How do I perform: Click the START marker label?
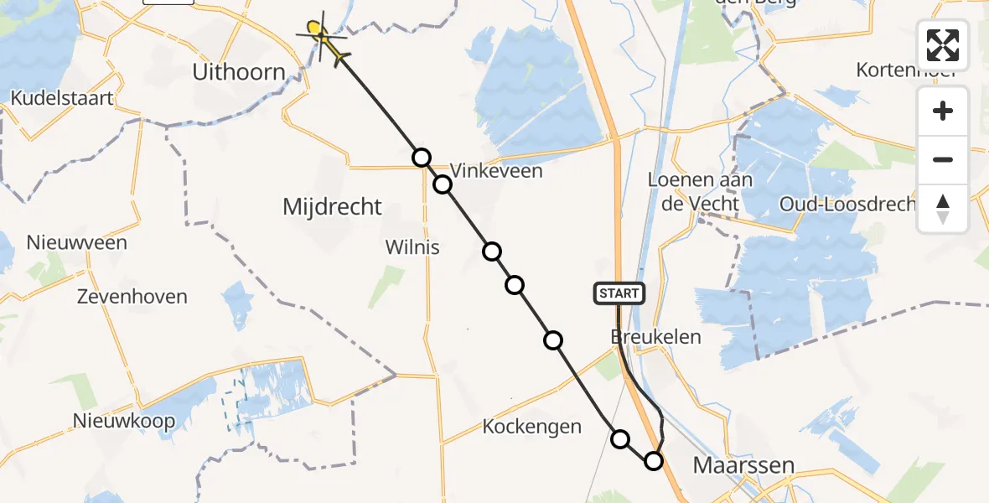pyautogui.click(x=619, y=293)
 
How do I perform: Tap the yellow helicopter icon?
pyautogui.click(x=320, y=38)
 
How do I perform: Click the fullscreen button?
pyautogui.click(x=943, y=44)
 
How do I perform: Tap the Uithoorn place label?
pyautogui.click(x=239, y=72)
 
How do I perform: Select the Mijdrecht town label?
pyautogui.click(x=332, y=206)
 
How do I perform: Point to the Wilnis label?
pyautogui.click(x=412, y=247)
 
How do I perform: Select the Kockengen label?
pyautogui.click(x=531, y=427)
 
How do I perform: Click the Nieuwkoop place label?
pyautogui.click(x=124, y=420)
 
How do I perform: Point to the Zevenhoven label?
pyautogui.click(x=132, y=297)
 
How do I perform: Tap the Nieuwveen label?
pyautogui.click(x=77, y=243)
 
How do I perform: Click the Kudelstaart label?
pyautogui.click(x=62, y=98)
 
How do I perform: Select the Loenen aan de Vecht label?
pyautogui.click(x=700, y=191)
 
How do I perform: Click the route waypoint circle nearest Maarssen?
pyautogui.click(x=653, y=460)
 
